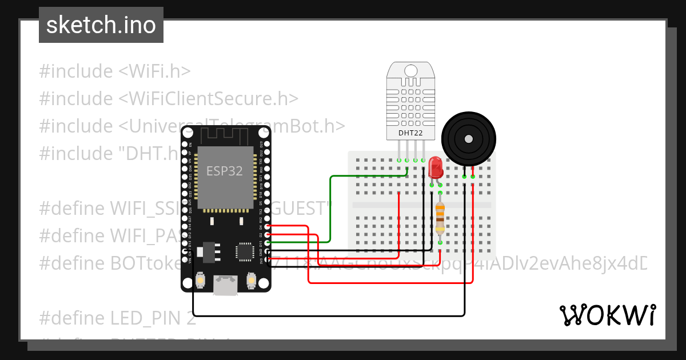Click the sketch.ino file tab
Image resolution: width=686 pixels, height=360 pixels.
coord(101,25)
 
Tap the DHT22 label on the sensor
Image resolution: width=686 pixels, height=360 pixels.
coord(410,134)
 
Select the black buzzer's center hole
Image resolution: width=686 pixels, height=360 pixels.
coord(469,139)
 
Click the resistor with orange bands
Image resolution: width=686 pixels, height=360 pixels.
coord(440,218)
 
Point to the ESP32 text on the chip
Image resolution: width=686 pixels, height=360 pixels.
coord(225,171)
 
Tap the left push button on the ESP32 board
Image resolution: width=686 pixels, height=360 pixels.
coord(201,281)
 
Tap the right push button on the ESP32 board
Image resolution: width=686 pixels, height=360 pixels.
coord(250,281)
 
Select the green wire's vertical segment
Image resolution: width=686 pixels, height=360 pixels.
coord(330,209)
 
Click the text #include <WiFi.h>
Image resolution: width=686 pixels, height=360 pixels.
coord(114,71)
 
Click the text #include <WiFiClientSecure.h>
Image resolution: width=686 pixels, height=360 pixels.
coord(169,98)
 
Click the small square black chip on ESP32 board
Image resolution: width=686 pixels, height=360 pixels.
coord(245,251)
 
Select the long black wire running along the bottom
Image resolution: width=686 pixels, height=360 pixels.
coord(329,315)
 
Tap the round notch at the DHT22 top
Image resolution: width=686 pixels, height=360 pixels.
coord(410,70)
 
